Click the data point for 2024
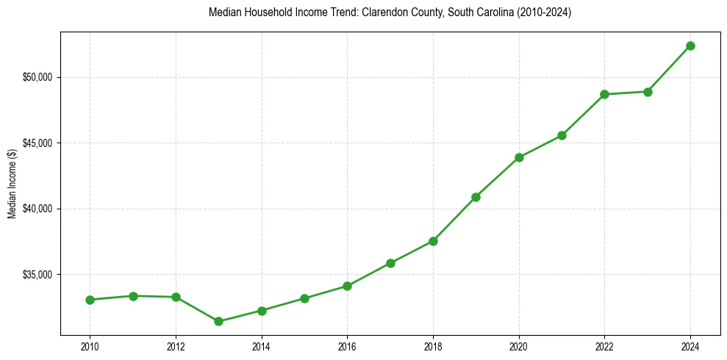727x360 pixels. click(690, 46)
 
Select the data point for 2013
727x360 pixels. click(218, 321)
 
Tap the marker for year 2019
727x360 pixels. click(476, 197)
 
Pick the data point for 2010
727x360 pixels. click(90, 300)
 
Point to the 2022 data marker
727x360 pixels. click(604, 94)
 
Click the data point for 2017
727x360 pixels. click(390, 263)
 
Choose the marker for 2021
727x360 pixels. click(562, 135)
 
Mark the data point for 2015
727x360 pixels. click(304, 298)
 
